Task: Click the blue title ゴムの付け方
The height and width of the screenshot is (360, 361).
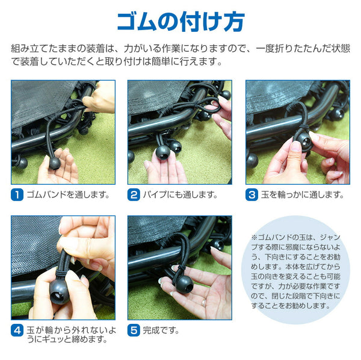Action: tap(180, 22)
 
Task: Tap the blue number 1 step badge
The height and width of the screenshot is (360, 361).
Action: tap(17, 195)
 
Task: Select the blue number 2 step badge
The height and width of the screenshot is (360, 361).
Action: tap(134, 195)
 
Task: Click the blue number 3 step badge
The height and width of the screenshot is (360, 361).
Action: tap(251, 195)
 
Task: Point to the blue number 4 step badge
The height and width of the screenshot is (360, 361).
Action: tap(17, 331)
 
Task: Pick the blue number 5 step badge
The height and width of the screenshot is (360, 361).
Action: tap(134, 331)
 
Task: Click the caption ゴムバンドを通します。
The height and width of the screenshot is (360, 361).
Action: tap(68, 195)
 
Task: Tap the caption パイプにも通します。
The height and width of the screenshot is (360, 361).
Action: tap(180, 195)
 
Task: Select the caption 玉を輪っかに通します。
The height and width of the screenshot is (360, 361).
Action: tap(303, 195)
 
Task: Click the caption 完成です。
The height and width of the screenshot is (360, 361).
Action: tap(161, 331)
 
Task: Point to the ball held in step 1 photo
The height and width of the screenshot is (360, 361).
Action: tap(55, 163)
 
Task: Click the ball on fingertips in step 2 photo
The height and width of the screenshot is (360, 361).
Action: tap(163, 152)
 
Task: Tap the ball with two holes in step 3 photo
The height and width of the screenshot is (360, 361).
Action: tap(304, 141)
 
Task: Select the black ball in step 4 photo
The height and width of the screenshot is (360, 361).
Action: tap(60, 293)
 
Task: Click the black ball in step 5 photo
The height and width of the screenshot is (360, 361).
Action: tap(185, 285)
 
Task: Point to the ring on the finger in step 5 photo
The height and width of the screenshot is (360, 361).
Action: tap(204, 302)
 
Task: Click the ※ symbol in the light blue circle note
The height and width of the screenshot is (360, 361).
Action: tap(254, 237)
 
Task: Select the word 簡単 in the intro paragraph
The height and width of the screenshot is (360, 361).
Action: tap(161, 61)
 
